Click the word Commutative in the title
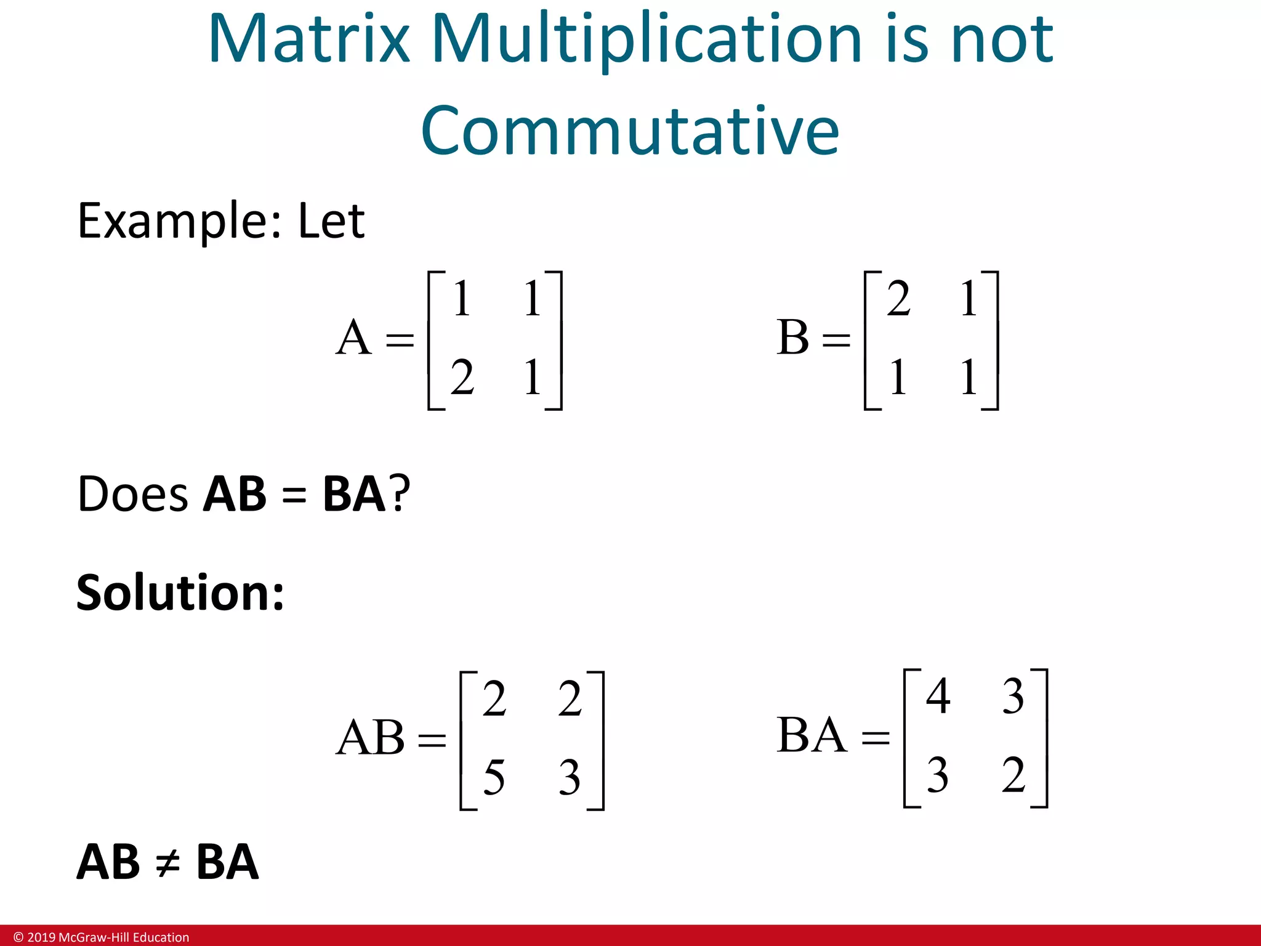click(630, 131)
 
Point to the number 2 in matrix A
click(462, 378)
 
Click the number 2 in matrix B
click(898, 299)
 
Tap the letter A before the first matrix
click(353, 338)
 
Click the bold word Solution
click(180, 592)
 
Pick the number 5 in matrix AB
click(494, 777)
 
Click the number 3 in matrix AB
click(570, 777)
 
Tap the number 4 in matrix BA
click(938, 697)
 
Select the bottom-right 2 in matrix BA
click(1013, 775)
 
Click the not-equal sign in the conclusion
click(167, 863)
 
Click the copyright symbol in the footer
click(18, 937)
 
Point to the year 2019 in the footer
click(41, 937)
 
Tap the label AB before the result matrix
click(370, 738)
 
